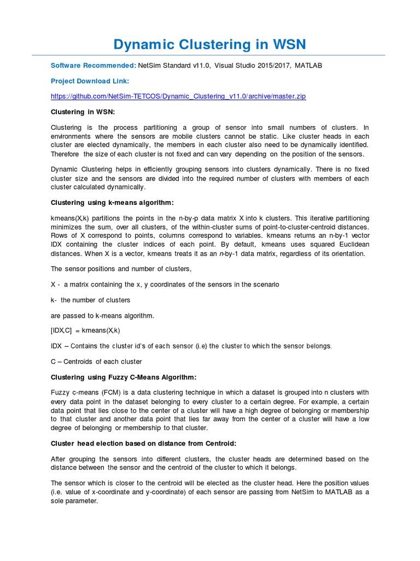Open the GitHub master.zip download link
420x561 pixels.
tap(178, 96)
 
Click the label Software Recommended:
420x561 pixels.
tap(94, 65)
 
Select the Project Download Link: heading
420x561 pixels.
tap(90, 81)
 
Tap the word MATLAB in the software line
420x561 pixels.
tap(308, 65)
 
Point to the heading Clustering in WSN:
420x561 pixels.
tap(83, 112)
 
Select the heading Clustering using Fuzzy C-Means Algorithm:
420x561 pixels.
tap(123, 377)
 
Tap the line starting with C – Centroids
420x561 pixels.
tap(96, 362)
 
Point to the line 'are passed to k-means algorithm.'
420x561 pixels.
tap(102, 315)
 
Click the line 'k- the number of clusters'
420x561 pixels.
tap(90, 300)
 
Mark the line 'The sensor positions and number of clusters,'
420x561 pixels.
tap(121, 269)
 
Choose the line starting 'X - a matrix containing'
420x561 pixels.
tap(165, 284)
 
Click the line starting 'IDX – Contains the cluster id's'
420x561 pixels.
tap(191, 346)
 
